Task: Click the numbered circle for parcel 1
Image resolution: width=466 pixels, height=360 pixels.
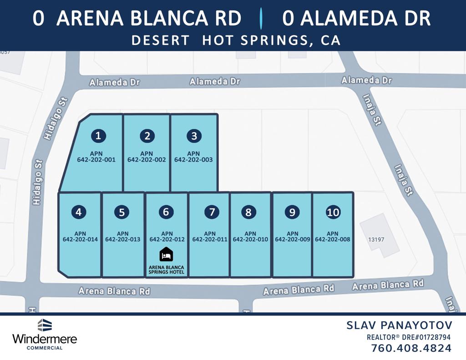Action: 98,136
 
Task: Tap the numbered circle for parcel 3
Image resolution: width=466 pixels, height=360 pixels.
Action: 194,136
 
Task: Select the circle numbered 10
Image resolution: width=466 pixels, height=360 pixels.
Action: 333,212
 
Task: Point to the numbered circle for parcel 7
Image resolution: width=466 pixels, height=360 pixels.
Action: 211,212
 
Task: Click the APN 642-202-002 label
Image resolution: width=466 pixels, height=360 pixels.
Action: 147,157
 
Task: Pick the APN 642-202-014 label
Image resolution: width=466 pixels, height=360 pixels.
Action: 80,236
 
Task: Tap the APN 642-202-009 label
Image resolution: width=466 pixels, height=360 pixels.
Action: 293,236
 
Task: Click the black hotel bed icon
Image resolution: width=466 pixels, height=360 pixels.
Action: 166,254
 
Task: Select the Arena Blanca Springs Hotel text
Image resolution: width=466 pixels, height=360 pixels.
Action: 166,269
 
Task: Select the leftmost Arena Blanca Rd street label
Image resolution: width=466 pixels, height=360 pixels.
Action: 114,291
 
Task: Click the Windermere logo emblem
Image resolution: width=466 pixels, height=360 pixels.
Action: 44,325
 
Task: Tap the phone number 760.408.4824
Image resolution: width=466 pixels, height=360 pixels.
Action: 411,349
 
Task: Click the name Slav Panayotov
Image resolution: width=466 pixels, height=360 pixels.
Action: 399,325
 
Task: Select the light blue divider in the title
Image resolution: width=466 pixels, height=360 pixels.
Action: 261,18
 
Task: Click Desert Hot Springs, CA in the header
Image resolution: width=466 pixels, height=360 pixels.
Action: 236,40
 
